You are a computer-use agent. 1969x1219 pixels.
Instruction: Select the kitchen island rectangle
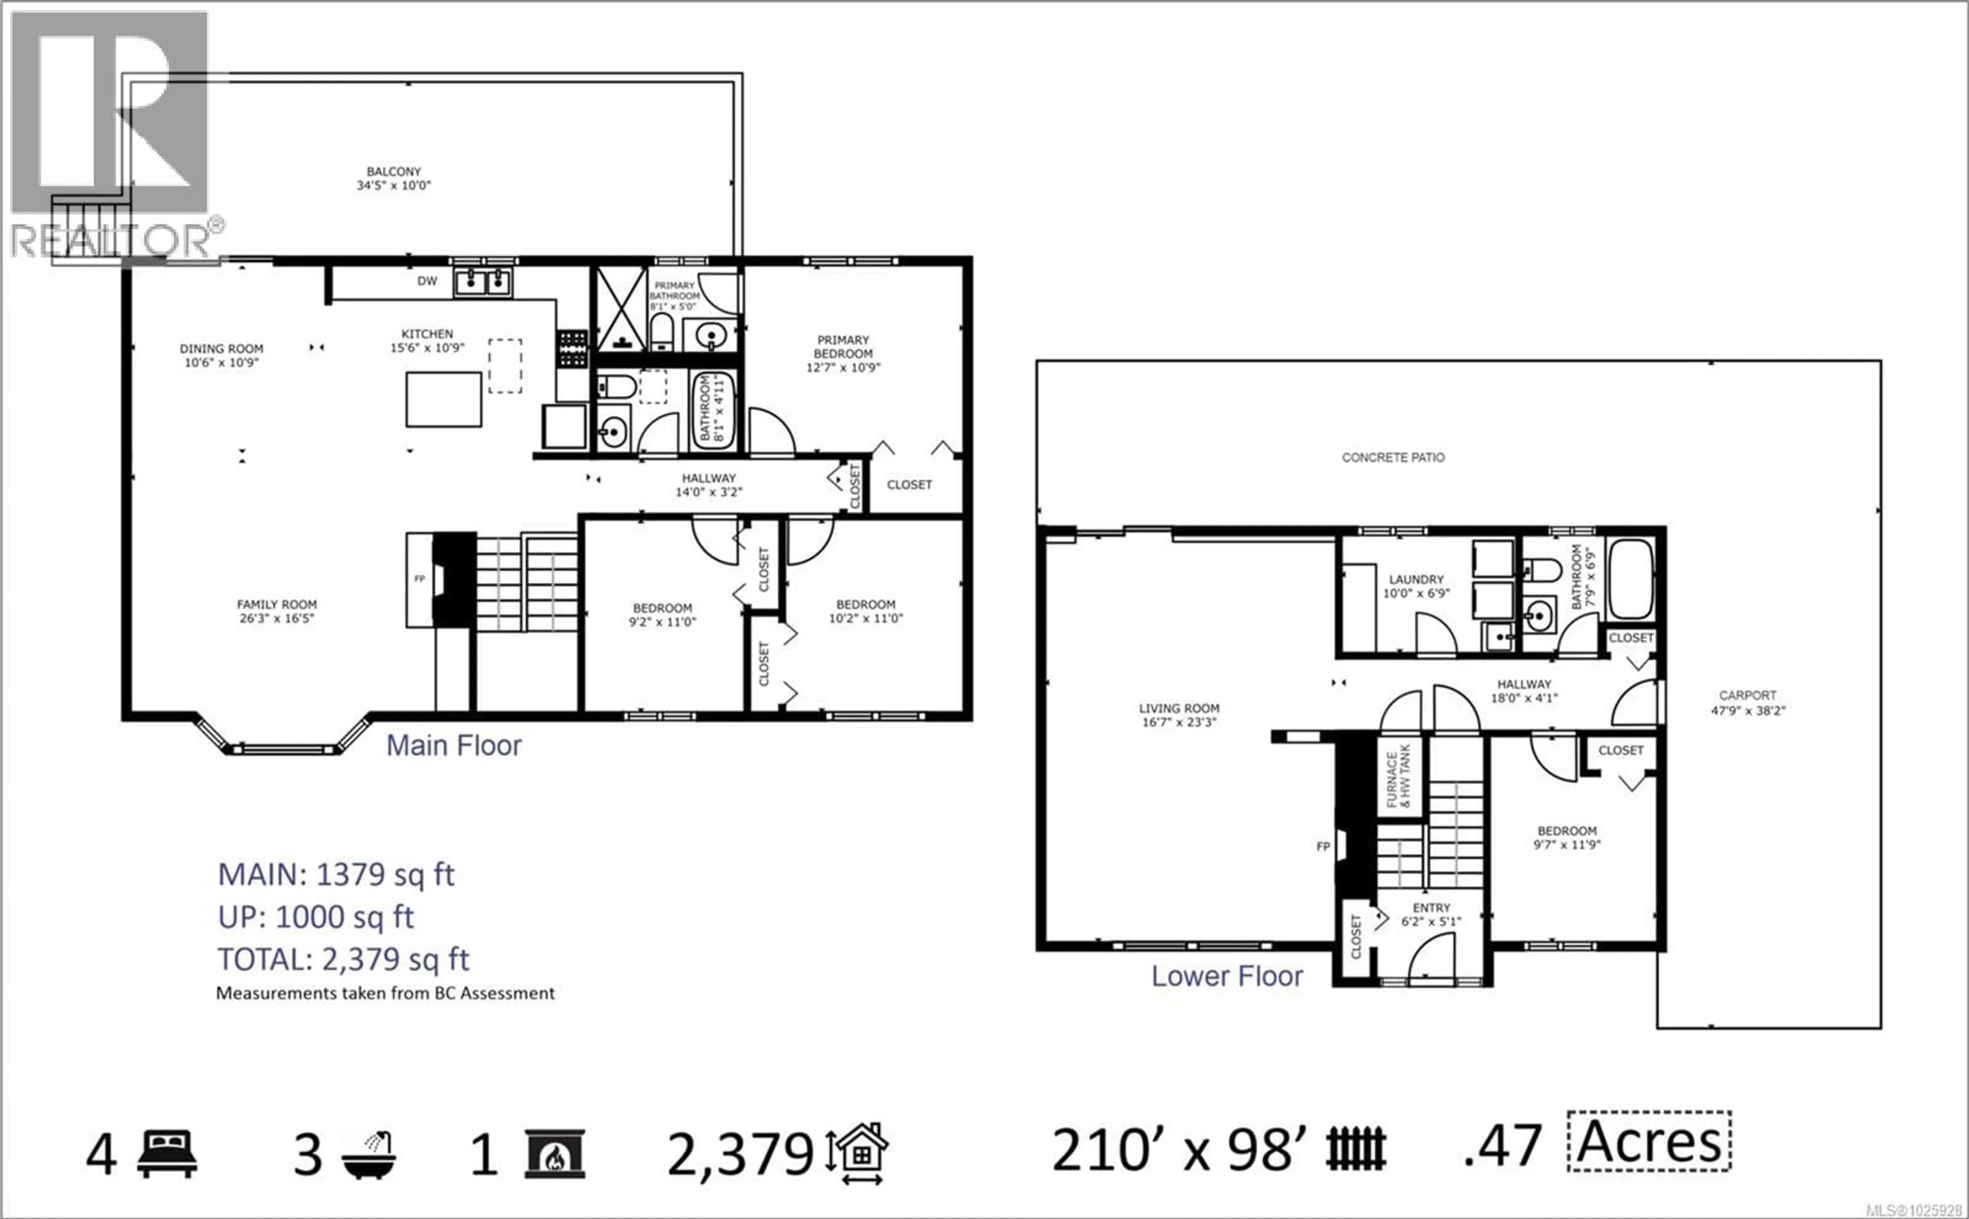click(x=444, y=399)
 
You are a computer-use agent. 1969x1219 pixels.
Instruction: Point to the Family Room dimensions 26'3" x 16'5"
click(x=276, y=618)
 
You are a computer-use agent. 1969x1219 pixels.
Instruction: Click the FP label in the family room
click(x=419, y=578)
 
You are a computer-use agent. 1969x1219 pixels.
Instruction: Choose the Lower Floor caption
click(x=1227, y=977)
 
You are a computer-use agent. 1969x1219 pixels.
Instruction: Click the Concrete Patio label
click(x=1393, y=457)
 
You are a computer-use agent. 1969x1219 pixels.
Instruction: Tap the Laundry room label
click(x=1416, y=579)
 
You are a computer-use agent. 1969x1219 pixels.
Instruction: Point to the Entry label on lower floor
click(x=1431, y=908)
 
